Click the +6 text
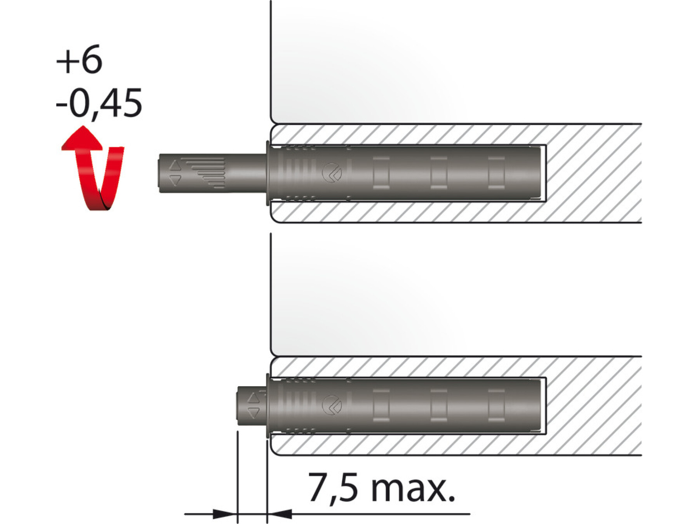pyautogui.click(x=79, y=59)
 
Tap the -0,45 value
pyautogui.click(x=99, y=103)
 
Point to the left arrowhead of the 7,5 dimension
pyautogui.click(x=225, y=514)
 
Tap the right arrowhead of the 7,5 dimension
pyautogui.click(x=280, y=514)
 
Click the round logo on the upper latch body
pyautogui.click(x=332, y=172)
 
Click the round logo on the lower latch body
pyautogui.click(x=332, y=405)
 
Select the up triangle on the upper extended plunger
pyautogui.click(x=175, y=166)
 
